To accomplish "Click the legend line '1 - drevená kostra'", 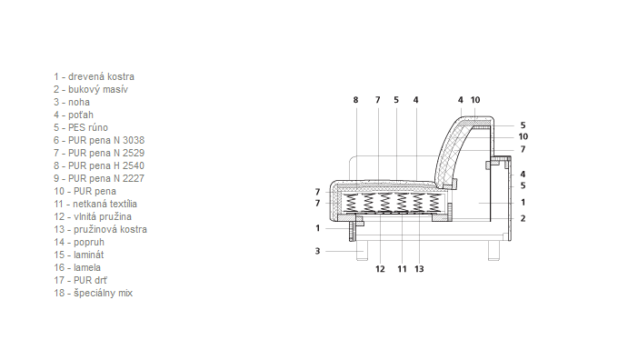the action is point(94,76).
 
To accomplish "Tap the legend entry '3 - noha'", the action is point(72,102).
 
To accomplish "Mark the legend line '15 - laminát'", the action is point(79,255).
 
